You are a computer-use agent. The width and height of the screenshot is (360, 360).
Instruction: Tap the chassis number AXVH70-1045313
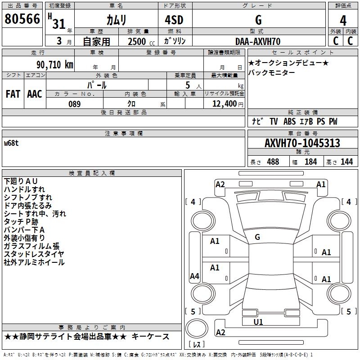(x=302, y=143)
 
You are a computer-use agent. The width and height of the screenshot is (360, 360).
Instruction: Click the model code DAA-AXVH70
(x=258, y=41)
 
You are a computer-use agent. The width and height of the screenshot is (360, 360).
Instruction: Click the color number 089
(x=74, y=104)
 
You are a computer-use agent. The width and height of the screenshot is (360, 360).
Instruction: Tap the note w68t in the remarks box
(x=11, y=143)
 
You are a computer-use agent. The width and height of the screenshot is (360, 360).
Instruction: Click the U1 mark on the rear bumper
(x=258, y=322)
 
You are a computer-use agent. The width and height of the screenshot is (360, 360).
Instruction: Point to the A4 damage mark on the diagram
(x=194, y=276)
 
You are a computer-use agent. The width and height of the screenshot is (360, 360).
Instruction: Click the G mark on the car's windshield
(x=257, y=237)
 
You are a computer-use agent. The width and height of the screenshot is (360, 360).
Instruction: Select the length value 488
(x=273, y=162)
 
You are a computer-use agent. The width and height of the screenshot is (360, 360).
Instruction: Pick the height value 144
(x=346, y=162)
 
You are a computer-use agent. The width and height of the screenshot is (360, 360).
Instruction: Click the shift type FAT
(x=13, y=94)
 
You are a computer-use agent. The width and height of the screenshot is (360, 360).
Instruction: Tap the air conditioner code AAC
(x=35, y=94)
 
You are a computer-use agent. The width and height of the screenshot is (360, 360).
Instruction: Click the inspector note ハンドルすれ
(x=24, y=189)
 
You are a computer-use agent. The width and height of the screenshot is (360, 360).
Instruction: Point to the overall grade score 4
(x=343, y=20)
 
